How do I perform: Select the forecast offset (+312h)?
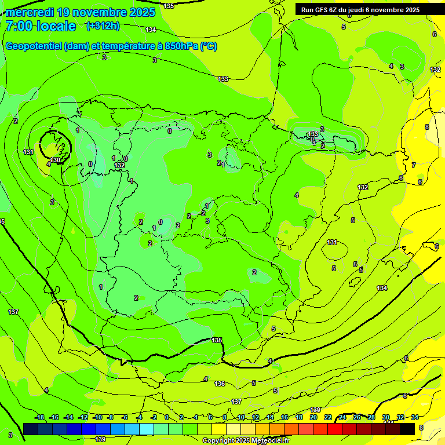click(103, 26)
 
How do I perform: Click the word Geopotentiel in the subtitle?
click(33, 46)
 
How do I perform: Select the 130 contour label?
click(56, 160)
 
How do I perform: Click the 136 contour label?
click(220, 384)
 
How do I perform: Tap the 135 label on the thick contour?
click(217, 340)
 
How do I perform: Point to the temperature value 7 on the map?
click(413, 165)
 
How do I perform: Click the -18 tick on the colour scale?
click(40, 417)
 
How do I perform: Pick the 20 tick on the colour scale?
click(313, 417)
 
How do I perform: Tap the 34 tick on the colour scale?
click(414, 417)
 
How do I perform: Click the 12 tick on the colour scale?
click(256, 417)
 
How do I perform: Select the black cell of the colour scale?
click(407, 429)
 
